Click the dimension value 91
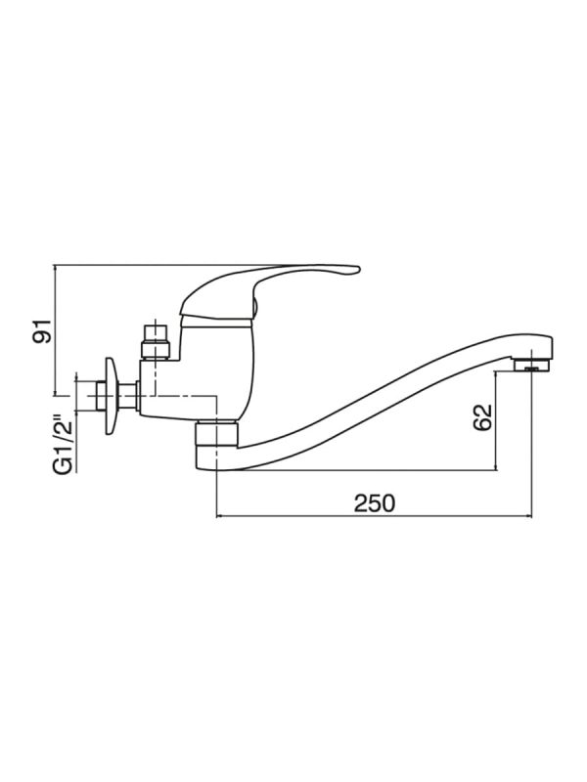point(42,330)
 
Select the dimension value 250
point(375,502)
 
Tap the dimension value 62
point(482,417)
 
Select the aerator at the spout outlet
point(531,365)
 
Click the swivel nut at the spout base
point(216,433)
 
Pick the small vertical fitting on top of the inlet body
point(156,341)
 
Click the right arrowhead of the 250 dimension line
point(530,517)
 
